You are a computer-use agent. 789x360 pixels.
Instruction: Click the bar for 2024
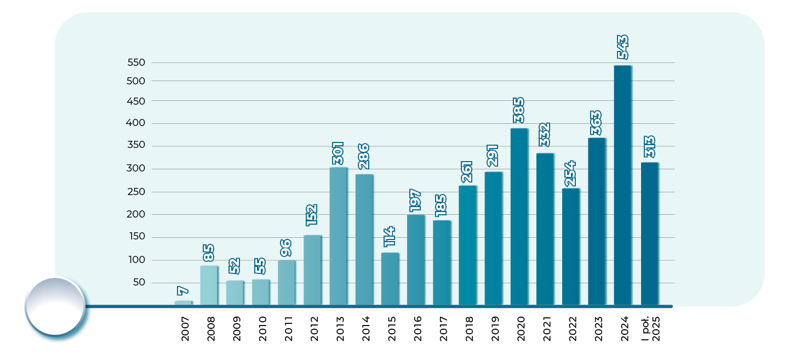(x=622, y=185)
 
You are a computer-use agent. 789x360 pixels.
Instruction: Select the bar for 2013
(x=338, y=236)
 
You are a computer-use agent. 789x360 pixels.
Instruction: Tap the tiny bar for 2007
(x=183, y=302)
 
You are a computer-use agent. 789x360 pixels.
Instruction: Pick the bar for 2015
(x=390, y=278)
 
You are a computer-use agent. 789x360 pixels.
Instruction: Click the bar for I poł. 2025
(x=649, y=233)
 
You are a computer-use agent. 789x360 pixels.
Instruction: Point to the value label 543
(x=622, y=47)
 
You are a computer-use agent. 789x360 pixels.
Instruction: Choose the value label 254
(x=570, y=173)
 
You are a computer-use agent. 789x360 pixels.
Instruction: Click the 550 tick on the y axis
(x=136, y=62)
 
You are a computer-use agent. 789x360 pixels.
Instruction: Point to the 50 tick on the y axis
(x=139, y=283)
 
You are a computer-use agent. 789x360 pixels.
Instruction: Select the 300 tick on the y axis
(x=136, y=169)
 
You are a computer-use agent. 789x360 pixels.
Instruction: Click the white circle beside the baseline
(x=55, y=306)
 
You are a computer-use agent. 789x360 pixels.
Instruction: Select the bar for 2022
(x=570, y=247)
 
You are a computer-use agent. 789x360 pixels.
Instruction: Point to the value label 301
(x=338, y=153)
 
